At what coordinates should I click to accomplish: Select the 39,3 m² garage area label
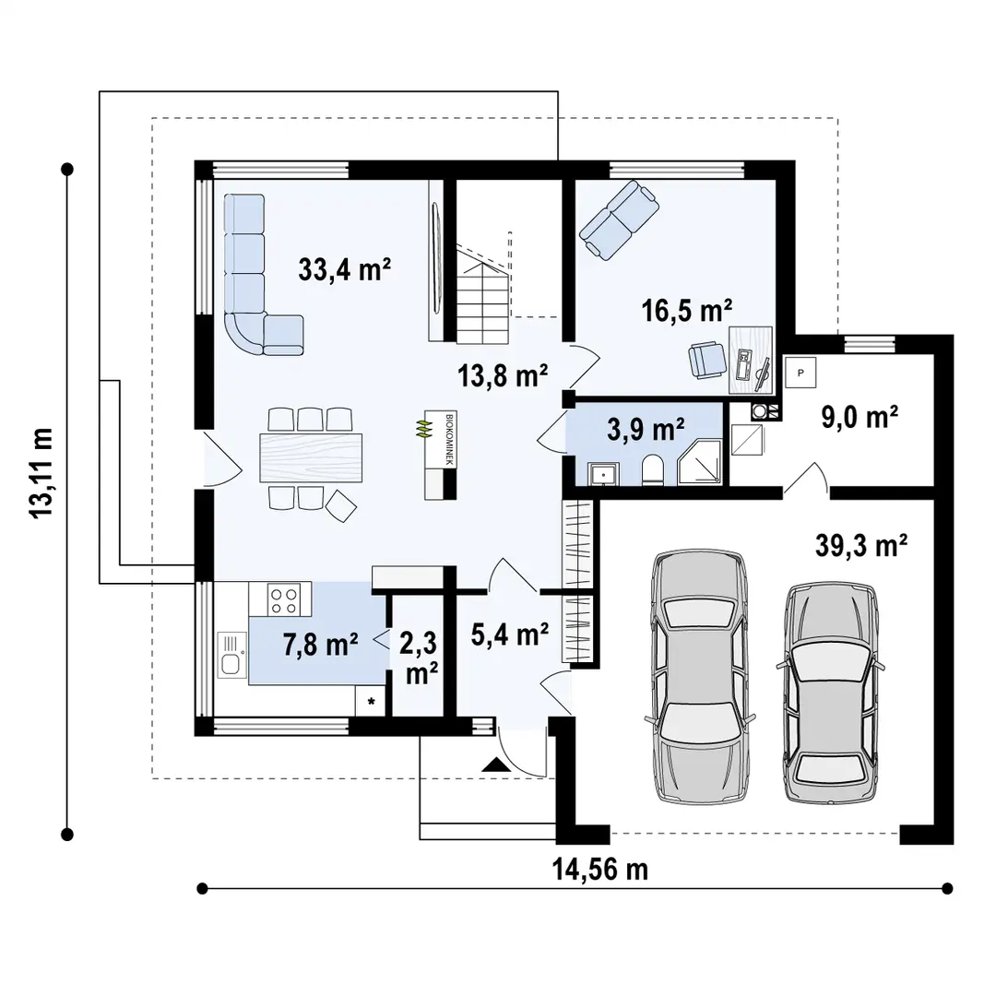pyautogui.click(x=862, y=546)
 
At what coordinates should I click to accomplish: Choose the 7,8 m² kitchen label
pyautogui.click(x=321, y=645)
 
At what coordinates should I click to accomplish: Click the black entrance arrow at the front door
pyautogui.click(x=495, y=764)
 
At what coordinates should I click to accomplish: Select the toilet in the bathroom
pyautogui.click(x=651, y=468)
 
